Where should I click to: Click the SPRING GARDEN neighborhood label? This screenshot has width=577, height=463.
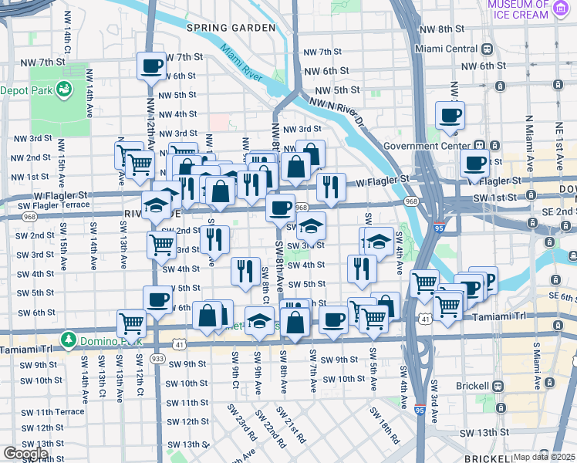(231, 28)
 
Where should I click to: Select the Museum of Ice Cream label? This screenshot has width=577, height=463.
(518, 10)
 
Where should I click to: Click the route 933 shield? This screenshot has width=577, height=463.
(157, 359)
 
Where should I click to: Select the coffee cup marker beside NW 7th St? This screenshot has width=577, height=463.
(152, 65)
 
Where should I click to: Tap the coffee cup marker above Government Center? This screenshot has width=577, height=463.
(450, 115)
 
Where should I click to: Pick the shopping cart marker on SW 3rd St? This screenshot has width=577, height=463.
(161, 244)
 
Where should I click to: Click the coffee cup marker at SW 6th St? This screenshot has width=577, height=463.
(157, 299)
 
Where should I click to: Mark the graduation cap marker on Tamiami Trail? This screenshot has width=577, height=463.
(260, 319)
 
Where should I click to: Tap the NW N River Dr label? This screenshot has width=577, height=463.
(336, 107)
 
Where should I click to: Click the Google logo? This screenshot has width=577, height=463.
(25, 454)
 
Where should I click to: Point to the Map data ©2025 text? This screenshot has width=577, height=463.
(544, 457)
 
